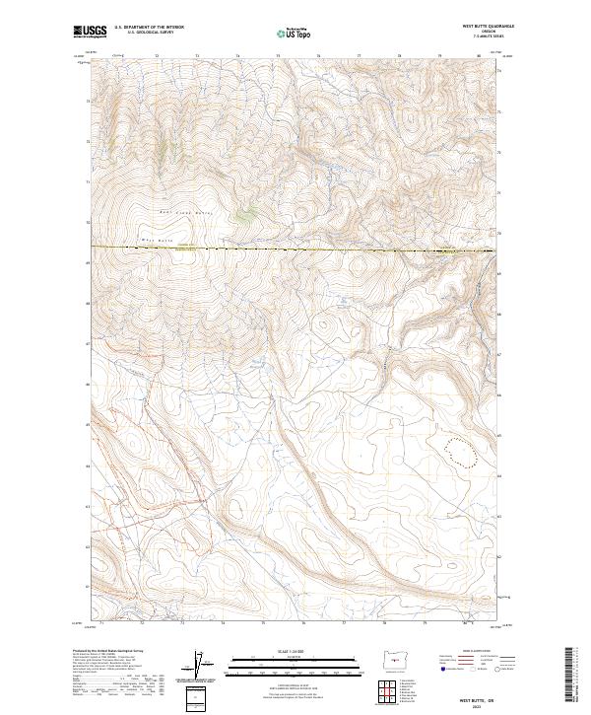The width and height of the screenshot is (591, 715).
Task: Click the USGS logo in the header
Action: coord(90,33)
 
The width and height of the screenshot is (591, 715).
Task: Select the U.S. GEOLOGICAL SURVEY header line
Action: coord(144,35)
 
